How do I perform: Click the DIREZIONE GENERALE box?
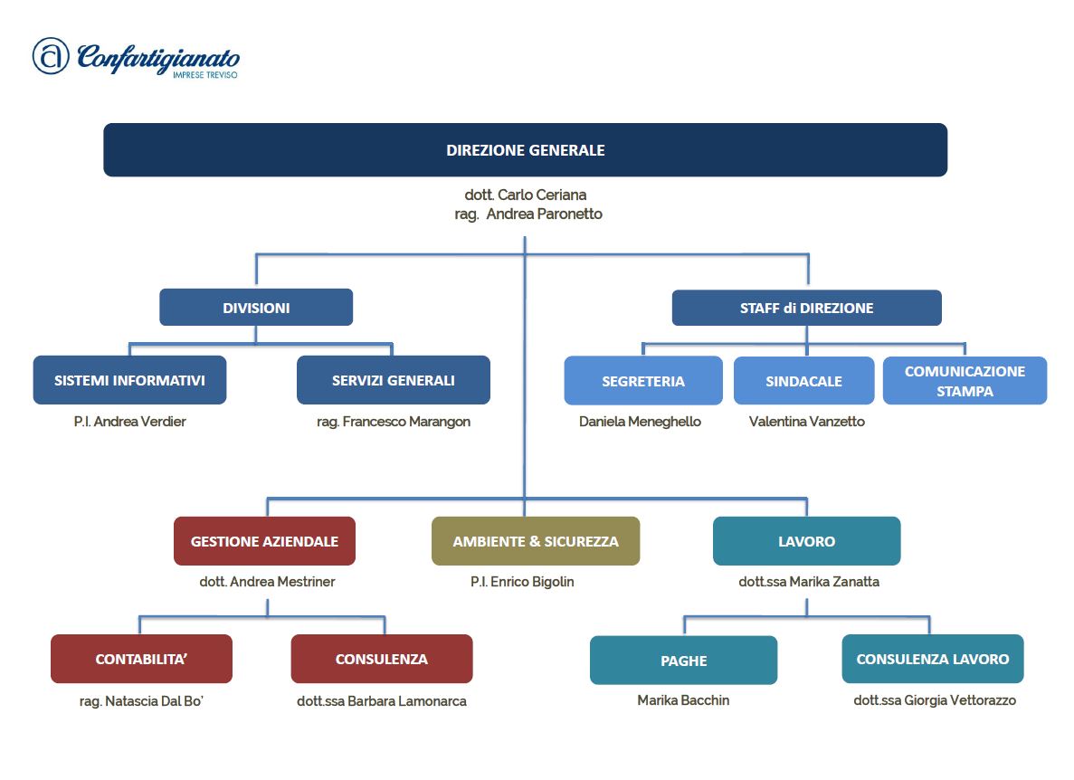point(525,150)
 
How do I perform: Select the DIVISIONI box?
point(256,308)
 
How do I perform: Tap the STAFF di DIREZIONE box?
point(806,308)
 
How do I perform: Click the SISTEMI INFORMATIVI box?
point(129,380)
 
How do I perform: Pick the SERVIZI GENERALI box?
point(393,380)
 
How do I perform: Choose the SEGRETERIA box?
point(643,381)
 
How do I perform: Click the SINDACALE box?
point(803,381)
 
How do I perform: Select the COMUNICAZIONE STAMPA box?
point(965,381)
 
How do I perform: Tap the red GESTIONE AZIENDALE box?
point(264,541)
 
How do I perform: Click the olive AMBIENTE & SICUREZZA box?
point(536,541)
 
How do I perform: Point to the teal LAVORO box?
point(806,541)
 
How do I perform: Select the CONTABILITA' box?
point(141,659)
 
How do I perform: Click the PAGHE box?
point(683,661)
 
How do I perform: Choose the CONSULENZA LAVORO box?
point(932,659)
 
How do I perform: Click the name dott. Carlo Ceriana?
point(525,195)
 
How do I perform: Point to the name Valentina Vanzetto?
point(806,422)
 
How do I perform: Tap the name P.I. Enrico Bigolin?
point(522,582)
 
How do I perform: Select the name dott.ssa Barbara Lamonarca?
point(382,701)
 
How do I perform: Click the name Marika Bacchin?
point(683,700)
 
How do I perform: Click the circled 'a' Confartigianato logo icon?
point(51,56)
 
